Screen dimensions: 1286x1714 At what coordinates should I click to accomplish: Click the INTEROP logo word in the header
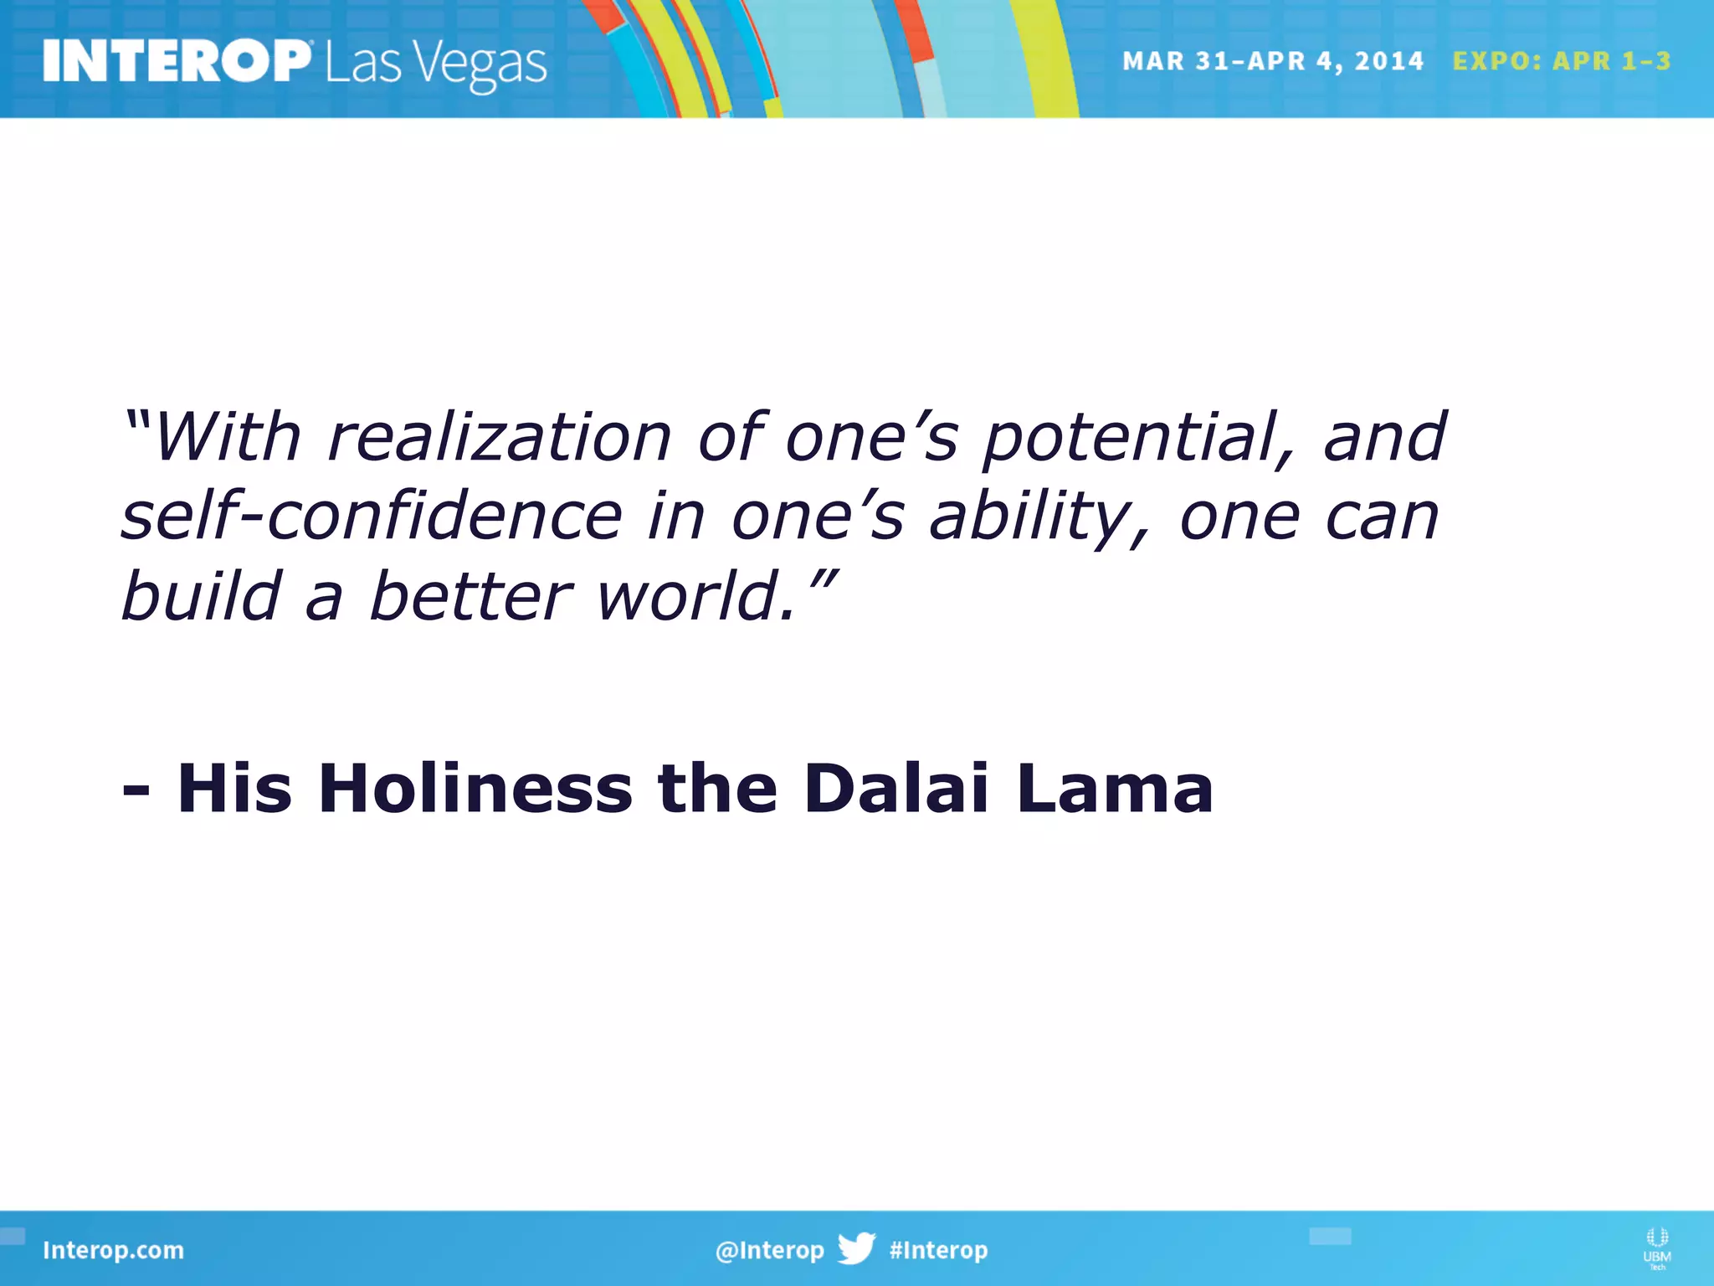pyautogui.click(x=177, y=62)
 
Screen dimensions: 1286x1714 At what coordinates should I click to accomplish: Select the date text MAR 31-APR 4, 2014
pyautogui.click(x=1272, y=61)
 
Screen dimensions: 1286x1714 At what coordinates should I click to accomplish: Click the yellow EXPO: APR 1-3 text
pyautogui.click(x=1561, y=61)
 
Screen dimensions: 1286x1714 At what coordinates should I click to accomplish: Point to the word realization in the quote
pyautogui.click(x=500, y=437)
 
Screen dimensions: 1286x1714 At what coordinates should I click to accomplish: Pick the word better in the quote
pyautogui.click(x=470, y=596)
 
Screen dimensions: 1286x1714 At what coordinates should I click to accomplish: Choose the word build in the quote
pyautogui.click(x=201, y=596)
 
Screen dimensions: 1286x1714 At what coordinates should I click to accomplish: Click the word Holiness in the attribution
pyautogui.click(x=475, y=788)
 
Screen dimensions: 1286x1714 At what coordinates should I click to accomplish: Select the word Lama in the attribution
pyautogui.click(x=1115, y=788)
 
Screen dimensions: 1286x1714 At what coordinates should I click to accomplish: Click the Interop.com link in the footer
pyautogui.click(x=113, y=1250)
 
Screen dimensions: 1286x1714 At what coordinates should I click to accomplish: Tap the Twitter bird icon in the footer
pyautogui.click(x=856, y=1248)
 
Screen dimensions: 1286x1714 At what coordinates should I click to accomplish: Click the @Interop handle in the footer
pyautogui.click(x=769, y=1250)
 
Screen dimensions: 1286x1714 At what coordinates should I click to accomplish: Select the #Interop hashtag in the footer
pyautogui.click(x=938, y=1250)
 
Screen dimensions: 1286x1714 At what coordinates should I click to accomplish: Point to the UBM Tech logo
pyautogui.click(x=1656, y=1248)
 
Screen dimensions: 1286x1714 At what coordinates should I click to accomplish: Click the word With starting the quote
pyautogui.click(x=226, y=437)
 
